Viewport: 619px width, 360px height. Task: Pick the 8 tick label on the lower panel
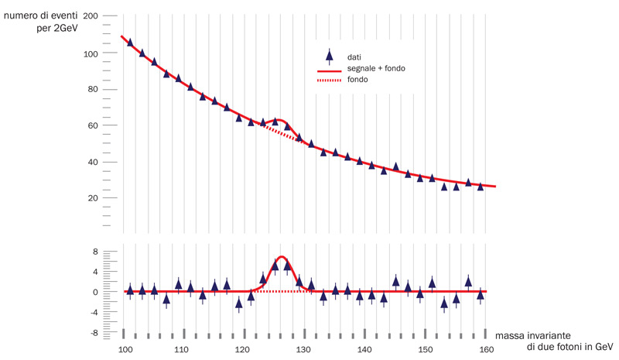tap(94, 252)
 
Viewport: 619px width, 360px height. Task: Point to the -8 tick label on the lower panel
tap(92, 333)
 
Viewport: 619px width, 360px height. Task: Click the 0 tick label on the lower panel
tap(94, 293)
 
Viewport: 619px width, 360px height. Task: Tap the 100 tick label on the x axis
tap(125, 350)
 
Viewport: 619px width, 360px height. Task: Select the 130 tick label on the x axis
tap(305, 350)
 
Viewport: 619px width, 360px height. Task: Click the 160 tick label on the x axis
tap(485, 350)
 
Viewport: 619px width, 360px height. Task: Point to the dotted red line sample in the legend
tap(330, 80)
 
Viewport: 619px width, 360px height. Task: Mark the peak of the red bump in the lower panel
tap(282, 257)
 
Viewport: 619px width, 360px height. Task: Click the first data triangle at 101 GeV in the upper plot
tap(130, 43)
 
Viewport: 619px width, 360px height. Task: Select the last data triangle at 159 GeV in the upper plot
tap(480, 186)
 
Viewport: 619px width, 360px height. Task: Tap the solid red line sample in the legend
tap(330, 69)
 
